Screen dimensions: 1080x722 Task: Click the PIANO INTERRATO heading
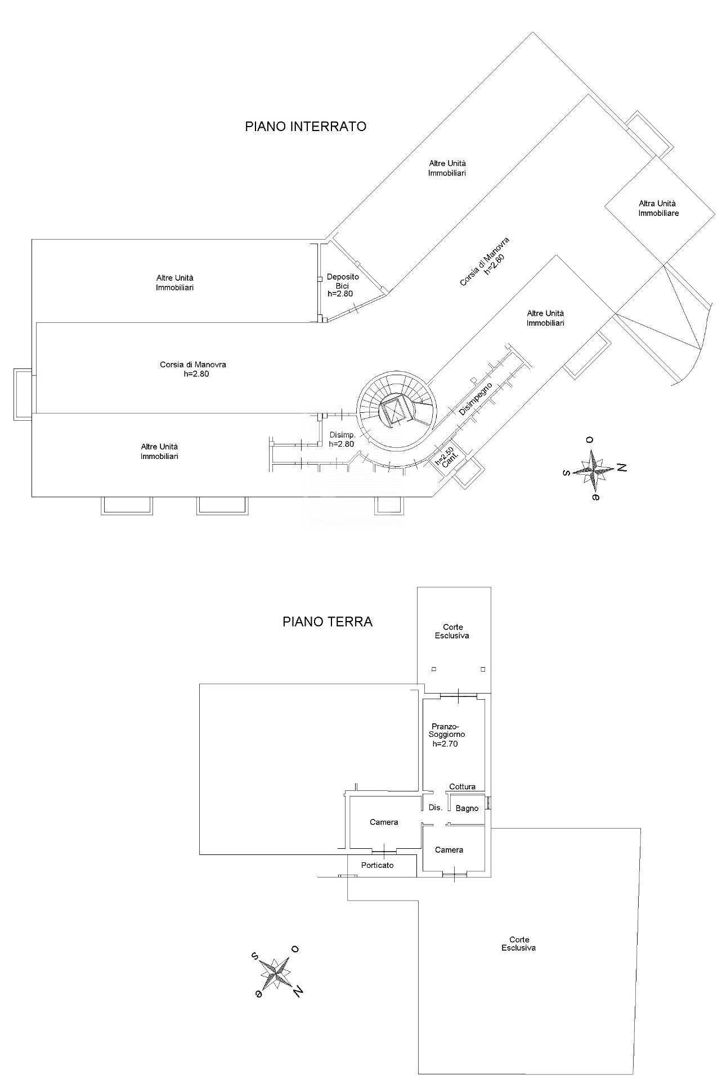tap(306, 127)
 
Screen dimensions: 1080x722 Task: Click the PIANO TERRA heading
tap(327, 622)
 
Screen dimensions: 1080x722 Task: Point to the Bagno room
tap(467, 808)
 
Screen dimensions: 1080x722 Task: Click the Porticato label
tap(378, 865)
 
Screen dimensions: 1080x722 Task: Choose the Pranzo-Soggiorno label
tap(447, 734)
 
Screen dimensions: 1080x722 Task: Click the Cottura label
tap(462, 787)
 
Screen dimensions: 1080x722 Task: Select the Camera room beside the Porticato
tap(384, 822)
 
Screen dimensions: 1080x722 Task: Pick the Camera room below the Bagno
tap(449, 850)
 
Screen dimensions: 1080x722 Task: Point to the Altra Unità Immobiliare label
tap(657, 209)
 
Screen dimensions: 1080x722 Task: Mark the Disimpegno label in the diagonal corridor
tap(476, 399)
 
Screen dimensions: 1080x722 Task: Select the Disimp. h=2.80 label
tap(342, 439)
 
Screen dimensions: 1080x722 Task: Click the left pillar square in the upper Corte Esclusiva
tap(434, 669)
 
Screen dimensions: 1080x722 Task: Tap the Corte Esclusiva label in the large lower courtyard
tap(518, 944)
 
